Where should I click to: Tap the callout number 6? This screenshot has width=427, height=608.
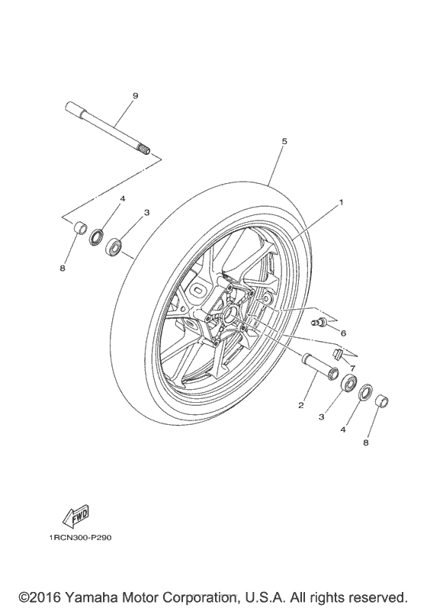[x=343, y=333]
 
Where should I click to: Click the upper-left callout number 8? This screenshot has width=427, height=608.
[x=64, y=268]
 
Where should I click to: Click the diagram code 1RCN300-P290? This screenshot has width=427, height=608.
[x=80, y=539]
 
